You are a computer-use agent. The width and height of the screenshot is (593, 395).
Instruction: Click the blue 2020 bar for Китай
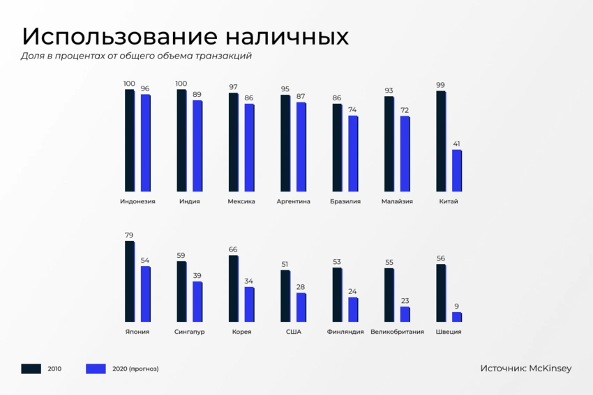coord(457,171)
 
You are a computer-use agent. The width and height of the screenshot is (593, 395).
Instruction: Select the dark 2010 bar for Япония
coord(130,281)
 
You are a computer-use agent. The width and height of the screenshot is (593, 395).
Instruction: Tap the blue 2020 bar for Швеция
coord(457,317)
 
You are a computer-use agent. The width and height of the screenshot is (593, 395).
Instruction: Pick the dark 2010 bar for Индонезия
coord(130,141)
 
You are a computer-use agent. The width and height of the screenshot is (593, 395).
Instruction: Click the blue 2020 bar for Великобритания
coord(405,314)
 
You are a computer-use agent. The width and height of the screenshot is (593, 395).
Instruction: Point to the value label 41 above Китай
coord(456,144)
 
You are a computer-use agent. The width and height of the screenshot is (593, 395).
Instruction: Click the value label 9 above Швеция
coord(456,307)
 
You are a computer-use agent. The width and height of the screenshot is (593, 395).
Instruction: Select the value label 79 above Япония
coord(129,235)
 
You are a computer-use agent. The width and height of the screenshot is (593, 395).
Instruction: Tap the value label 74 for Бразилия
coord(352,110)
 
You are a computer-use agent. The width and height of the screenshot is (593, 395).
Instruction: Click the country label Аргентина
coord(294,201)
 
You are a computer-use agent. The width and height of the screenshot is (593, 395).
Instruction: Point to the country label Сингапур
coord(190,332)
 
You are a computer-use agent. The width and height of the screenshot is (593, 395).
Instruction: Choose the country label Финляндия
coord(345,332)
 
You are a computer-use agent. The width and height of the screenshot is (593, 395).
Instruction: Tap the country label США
coord(294,332)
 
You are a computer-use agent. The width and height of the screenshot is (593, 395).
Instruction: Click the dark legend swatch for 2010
coord(31,369)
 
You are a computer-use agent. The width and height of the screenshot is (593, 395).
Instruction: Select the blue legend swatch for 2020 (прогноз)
coord(96,369)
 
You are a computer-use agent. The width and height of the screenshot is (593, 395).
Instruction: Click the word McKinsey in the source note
coord(550,369)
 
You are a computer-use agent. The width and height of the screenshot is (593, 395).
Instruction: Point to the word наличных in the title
coord(287,37)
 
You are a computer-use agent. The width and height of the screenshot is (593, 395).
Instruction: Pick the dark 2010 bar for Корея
coord(234,288)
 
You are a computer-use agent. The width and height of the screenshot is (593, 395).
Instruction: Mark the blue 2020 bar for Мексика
coord(250,148)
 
